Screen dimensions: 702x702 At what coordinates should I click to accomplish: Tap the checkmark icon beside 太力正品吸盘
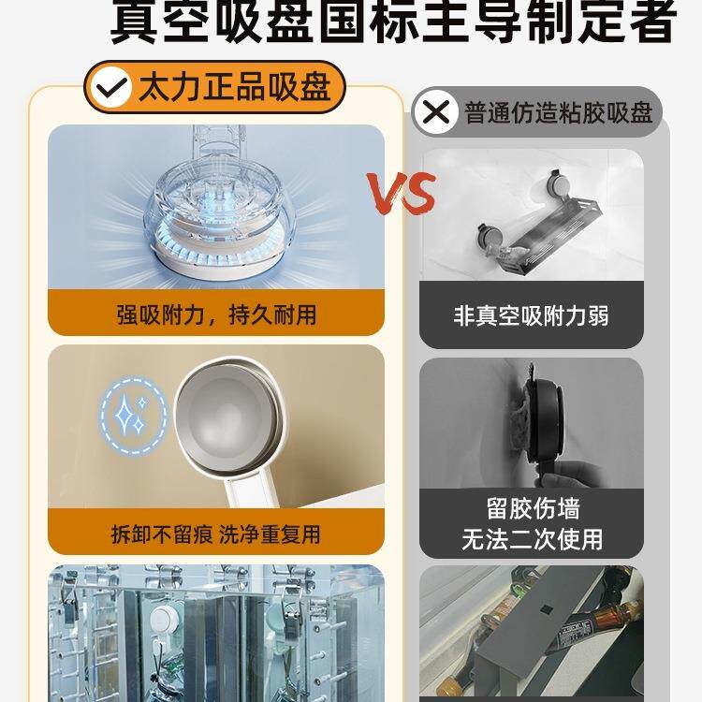coord(112,89)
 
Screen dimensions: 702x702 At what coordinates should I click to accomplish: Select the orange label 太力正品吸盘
coord(234,89)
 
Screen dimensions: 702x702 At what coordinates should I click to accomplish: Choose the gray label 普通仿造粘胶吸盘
coord(558,113)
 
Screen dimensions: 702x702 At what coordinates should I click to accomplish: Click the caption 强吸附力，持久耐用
coord(216,314)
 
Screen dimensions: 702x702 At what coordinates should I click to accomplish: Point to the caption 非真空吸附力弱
coord(531,315)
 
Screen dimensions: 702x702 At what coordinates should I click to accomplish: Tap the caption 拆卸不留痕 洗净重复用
coord(216,534)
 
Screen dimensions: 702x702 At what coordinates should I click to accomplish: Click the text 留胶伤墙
coord(532,508)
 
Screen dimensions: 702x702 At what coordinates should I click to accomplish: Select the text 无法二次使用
coord(532,539)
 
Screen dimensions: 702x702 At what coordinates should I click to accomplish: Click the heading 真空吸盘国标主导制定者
coord(393,22)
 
